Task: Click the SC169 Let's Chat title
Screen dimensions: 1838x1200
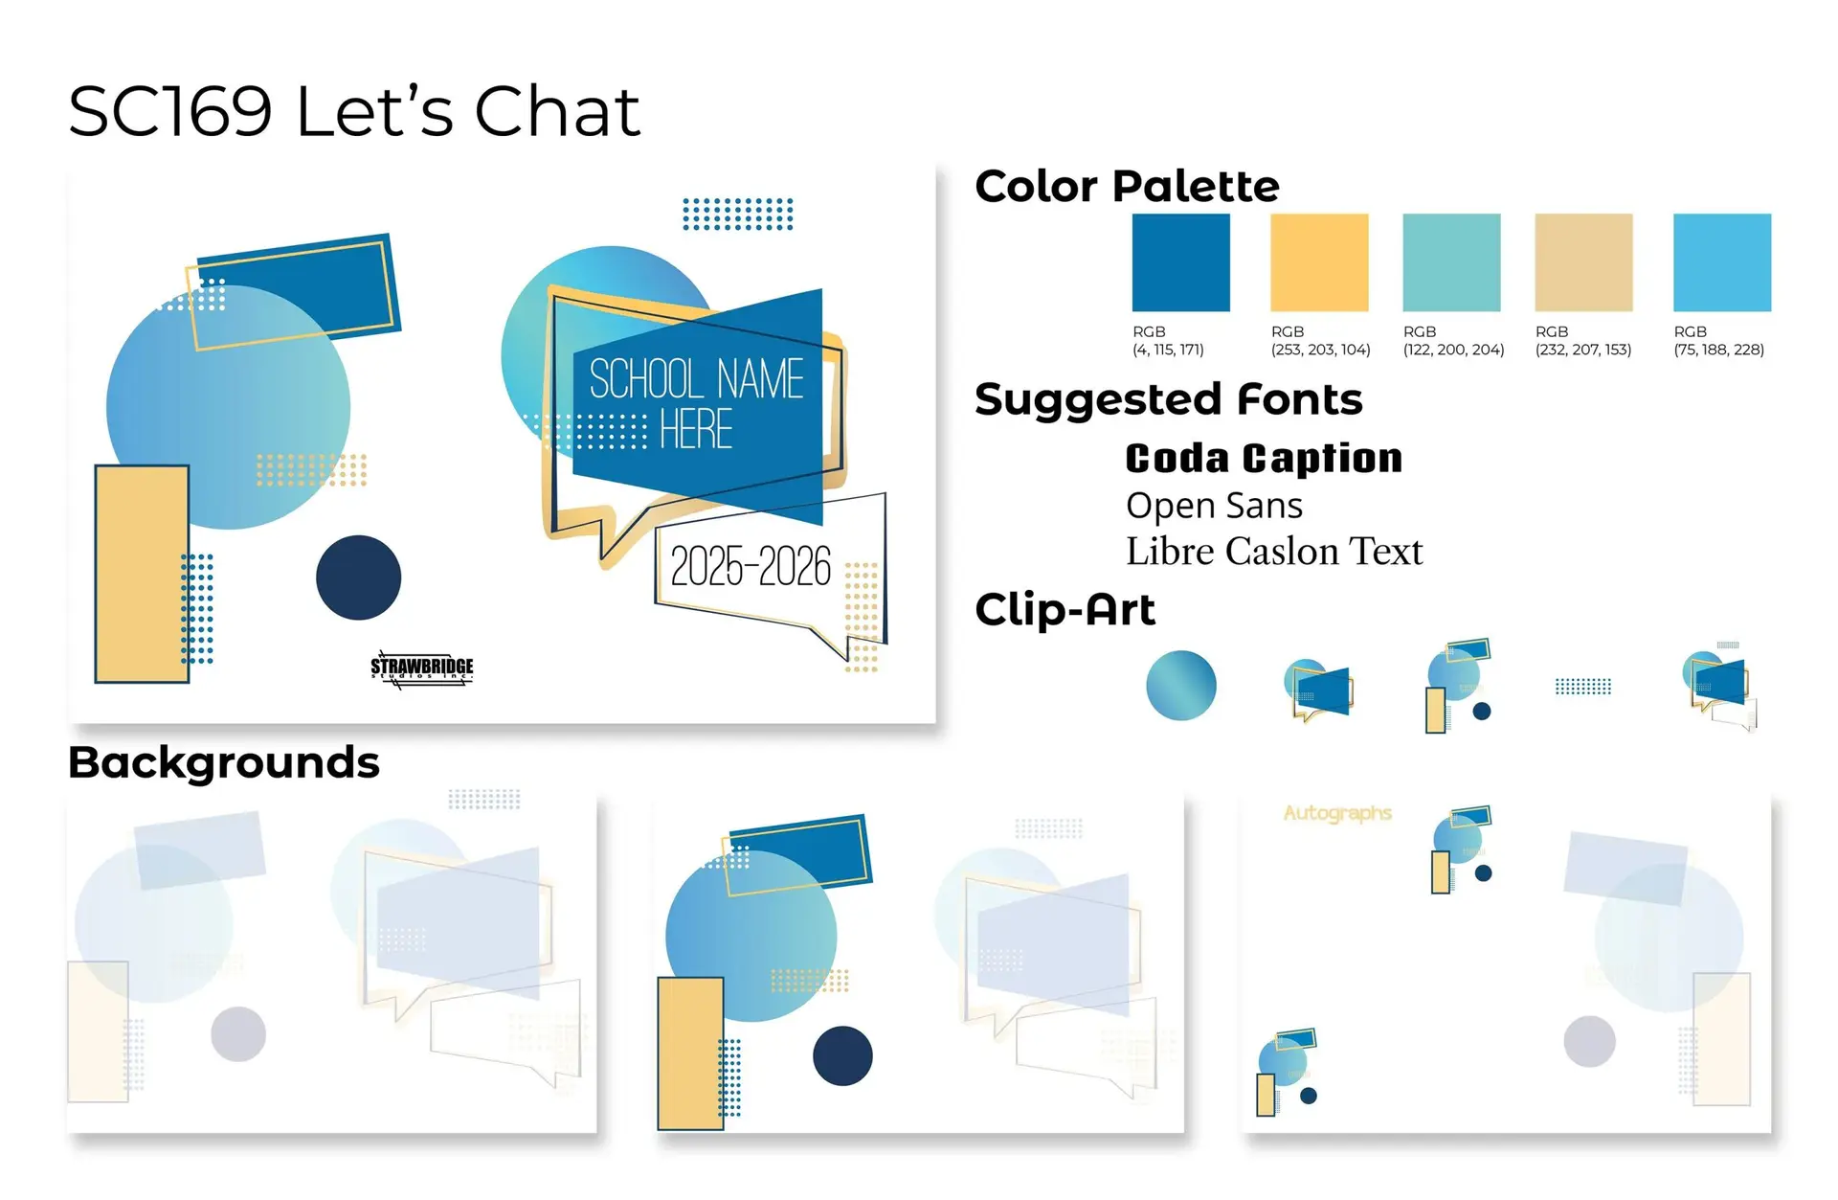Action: click(354, 111)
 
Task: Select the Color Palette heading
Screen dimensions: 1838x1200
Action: click(1127, 186)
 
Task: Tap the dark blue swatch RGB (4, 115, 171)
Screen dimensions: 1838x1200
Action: click(1180, 262)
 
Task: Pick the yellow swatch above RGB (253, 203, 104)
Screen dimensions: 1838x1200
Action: click(1319, 262)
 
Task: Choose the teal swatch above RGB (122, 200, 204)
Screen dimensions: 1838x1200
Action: click(1451, 262)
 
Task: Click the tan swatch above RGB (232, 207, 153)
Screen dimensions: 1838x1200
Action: click(1583, 262)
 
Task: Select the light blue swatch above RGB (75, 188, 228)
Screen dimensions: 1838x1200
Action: click(1722, 262)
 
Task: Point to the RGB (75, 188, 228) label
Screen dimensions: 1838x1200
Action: click(1718, 341)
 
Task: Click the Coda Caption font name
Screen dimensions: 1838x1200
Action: click(1264, 459)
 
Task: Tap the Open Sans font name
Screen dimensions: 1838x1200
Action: click(1214, 506)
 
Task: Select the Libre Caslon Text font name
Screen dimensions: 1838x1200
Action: click(1274, 552)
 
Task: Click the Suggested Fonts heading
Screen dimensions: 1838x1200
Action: click(1169, 399)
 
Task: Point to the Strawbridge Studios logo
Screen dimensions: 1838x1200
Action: click(422, 668)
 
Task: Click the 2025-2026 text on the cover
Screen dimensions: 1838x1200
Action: click(751, 566)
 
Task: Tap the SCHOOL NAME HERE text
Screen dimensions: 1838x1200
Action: click(696, 403)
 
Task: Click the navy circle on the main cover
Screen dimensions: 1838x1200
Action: click(359, 577)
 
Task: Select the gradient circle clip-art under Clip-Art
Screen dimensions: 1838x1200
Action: click(1181, 686)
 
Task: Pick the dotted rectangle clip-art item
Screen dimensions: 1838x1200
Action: click(1583, 686)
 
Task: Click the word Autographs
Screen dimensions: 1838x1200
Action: click(1337, 813)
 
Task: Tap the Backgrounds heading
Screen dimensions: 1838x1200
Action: click(224, 763)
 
